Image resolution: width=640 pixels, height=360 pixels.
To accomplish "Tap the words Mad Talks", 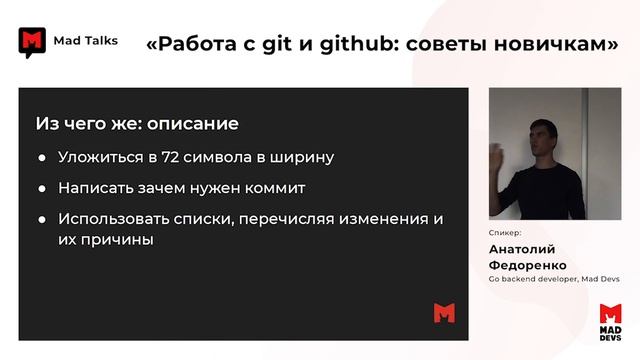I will (85, 41).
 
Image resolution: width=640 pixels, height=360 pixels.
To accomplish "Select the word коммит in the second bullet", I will (273, 188).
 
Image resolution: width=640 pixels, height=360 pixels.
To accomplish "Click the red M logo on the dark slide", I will (444, 312).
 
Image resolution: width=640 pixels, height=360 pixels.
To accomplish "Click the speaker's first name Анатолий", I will (521, 250).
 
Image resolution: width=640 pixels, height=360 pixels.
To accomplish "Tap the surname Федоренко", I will (527, 266).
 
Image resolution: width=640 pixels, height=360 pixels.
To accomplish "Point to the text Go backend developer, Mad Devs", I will (553, 280).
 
